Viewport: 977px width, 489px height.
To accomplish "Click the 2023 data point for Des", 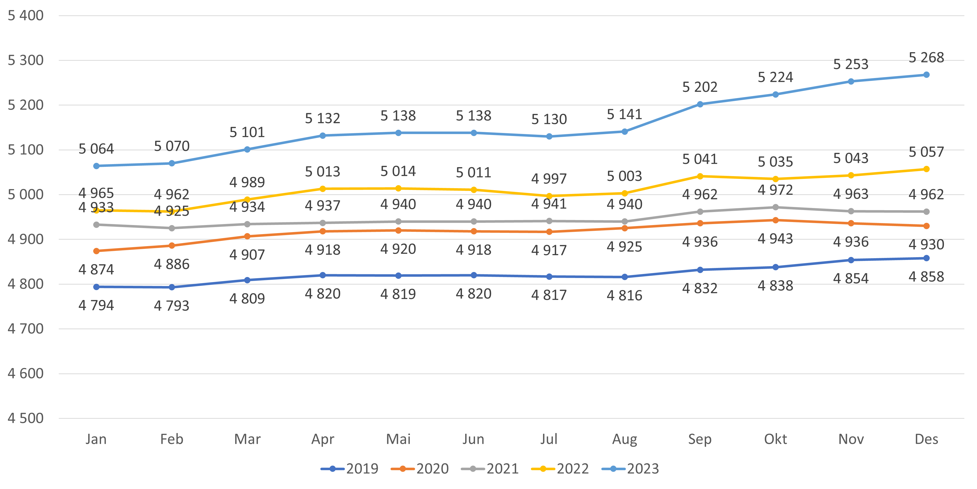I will point(926,75).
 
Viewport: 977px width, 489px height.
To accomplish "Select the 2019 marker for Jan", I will point(96,287).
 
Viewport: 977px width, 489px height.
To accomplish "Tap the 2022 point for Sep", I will point(700,176).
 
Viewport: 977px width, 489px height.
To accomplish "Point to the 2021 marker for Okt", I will point(775,207).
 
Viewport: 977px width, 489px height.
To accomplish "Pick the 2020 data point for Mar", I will point(247,236).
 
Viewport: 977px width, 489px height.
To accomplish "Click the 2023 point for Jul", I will point(549,136).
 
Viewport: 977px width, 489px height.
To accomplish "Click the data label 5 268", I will point(926,57).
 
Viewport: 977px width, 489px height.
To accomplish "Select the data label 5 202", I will point(700,87).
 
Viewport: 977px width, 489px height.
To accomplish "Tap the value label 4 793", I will point(171,306).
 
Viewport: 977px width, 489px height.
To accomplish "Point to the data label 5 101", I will point(247,132).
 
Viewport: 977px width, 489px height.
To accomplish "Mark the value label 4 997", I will point(549,178).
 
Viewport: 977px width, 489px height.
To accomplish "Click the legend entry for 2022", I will point(560,469).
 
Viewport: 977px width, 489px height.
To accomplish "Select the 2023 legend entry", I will point(630,469).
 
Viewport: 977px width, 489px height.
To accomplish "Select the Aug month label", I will point(624,439).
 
